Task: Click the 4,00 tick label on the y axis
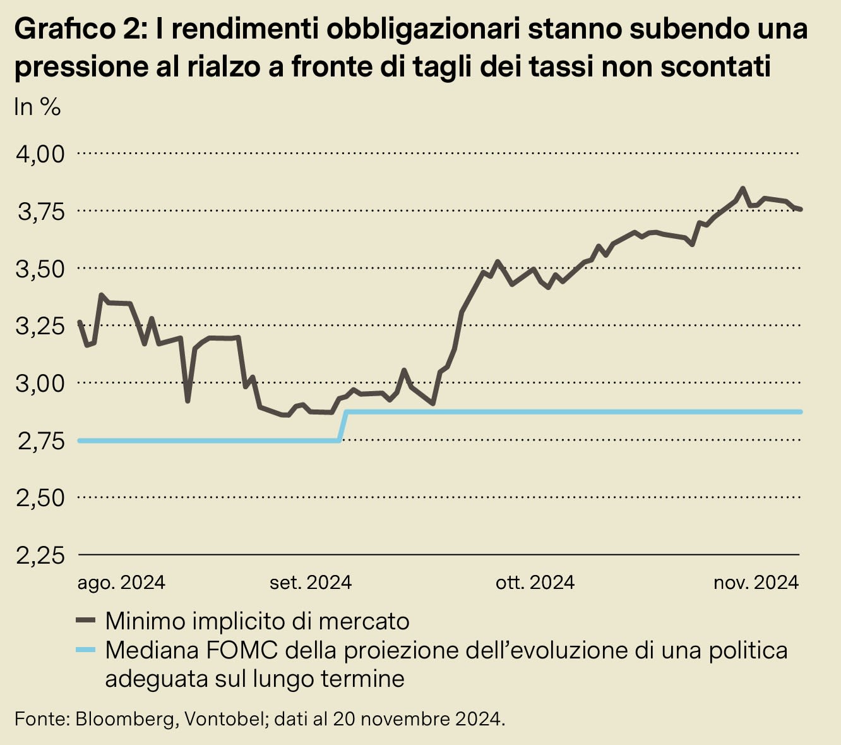coord(40,154)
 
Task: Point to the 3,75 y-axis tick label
coord(40,211)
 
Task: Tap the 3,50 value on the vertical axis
coord(40,269)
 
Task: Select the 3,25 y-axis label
coord(40,326)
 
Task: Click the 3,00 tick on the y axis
coord(40,383)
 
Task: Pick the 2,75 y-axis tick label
coord(40,440)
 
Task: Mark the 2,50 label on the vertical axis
coord(40,498)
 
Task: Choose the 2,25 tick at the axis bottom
coord(40,555)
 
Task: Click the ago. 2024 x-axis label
coord(121,582)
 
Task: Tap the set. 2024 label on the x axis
coord(311,582)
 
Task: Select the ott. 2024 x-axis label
coord(535,582)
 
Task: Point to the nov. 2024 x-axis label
coord(756,582)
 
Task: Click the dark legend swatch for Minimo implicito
coord(85,621)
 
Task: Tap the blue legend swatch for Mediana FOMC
coord(85,650)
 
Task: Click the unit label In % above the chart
coord(37,107)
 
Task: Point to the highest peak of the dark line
coord(743,188)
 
